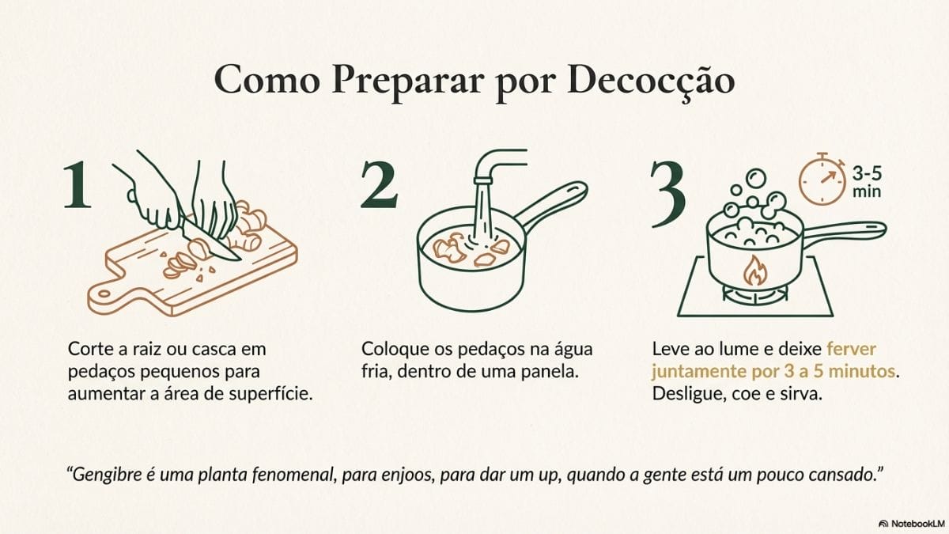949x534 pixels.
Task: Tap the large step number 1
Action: tap(78, 184)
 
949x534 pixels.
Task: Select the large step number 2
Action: tap(379, 185)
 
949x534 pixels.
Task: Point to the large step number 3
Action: tap(668, 194)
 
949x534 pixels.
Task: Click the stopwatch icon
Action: tap(822, 180)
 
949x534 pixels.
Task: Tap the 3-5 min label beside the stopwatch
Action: tap(867, 182)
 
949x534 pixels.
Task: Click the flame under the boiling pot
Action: tap(754, 271)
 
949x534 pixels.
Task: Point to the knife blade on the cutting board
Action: tap(209, 240)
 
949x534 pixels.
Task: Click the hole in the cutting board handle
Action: tap(104, 294)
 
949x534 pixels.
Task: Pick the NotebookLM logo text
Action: tap(917, 524)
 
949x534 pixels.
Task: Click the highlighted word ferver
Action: tap(851, 349)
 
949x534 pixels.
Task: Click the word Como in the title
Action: tap(267, 81)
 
